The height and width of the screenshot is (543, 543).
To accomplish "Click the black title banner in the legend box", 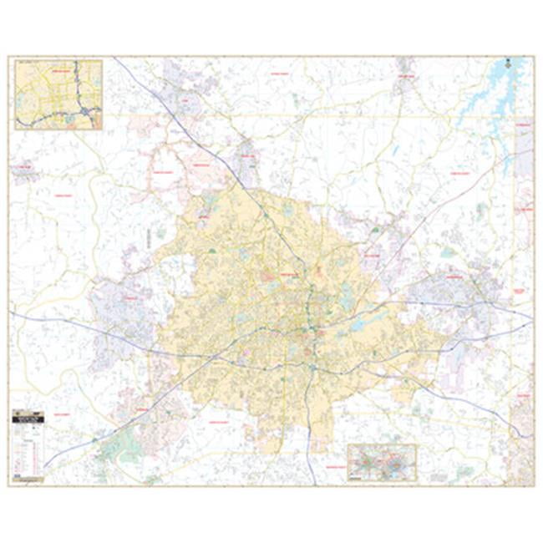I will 28,413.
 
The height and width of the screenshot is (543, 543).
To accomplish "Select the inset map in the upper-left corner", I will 58,94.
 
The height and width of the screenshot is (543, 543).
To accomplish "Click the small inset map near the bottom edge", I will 382,461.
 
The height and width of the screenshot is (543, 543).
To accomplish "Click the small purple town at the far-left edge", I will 23,171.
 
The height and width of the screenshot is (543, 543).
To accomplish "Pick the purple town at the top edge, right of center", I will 405,64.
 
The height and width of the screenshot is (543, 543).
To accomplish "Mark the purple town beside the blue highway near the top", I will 247,163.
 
